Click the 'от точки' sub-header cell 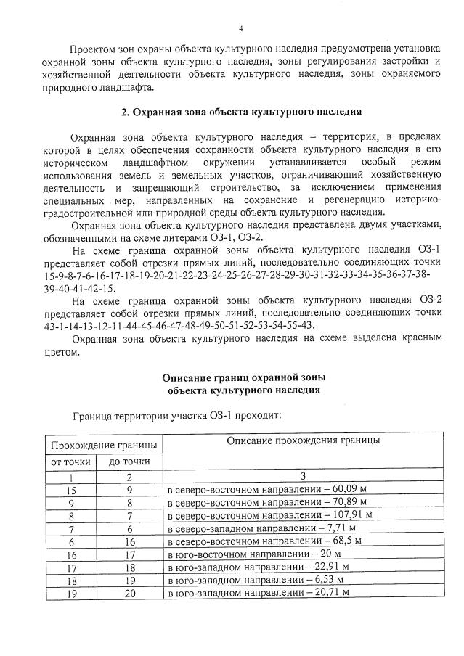[70, 461]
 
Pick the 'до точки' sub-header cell [130, 461]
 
